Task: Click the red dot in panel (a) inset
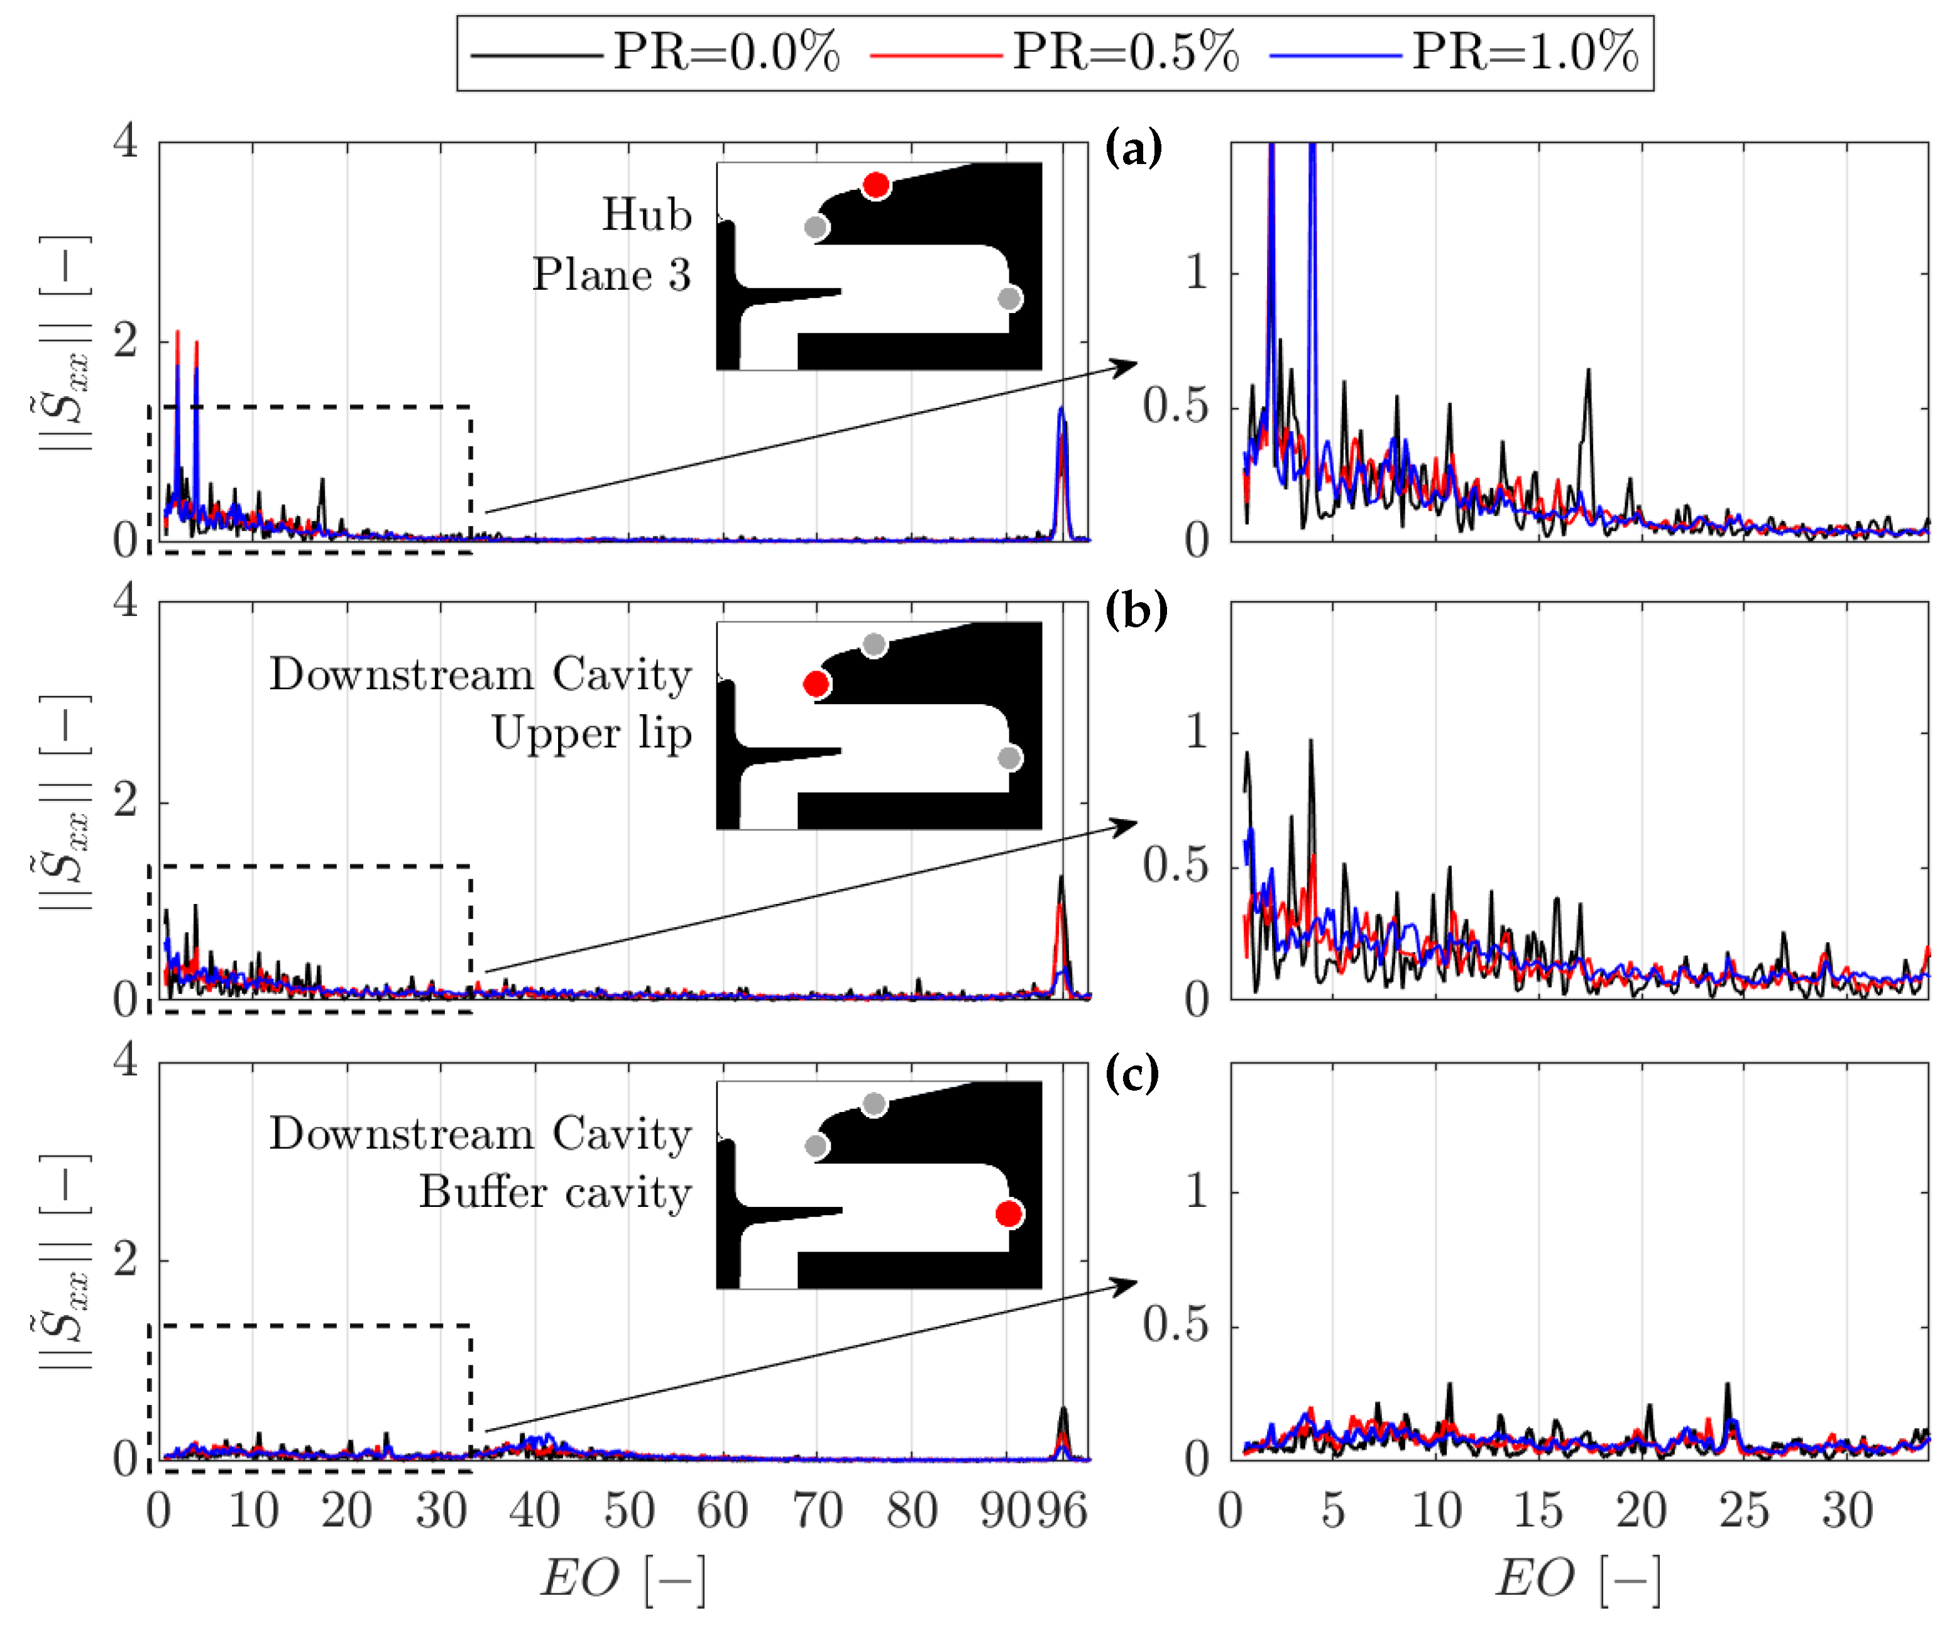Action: pyautogui.click(x=875, y=185)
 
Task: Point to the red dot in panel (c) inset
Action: pyautogui.click(x=1009, y=1213)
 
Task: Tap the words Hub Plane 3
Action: pyautogui.click(x=613, y=245)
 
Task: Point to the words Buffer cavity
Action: pyautogui.click(x=556, y=1193)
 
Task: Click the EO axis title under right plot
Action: pyautogui.click(x=1577, y=1580)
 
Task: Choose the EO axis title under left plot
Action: pyautogui.click(x=623, y=1580)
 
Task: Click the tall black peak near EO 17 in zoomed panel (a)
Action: pyautogui.click(x=1587, y=372)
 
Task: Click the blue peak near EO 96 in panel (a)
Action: pyautogui.click(x=1061, y=410)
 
